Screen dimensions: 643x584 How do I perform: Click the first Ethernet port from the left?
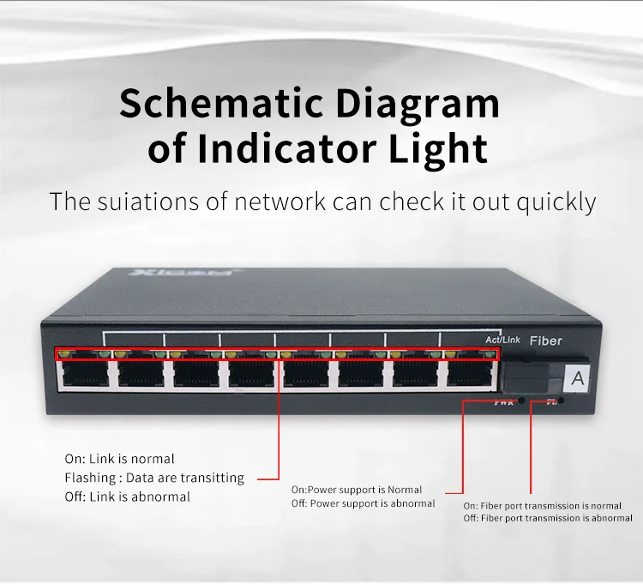87,373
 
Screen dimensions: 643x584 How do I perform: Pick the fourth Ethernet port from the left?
252,373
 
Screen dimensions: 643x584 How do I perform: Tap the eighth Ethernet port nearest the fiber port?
472,373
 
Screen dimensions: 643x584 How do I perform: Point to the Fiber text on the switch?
546,340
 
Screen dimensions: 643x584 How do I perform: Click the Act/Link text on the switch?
502,340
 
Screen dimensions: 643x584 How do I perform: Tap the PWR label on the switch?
503,403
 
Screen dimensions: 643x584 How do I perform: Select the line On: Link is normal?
119,459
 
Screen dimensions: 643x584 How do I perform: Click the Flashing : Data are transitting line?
154,478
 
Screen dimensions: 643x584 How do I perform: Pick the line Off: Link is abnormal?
127,497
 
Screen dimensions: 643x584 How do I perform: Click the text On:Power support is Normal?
357,490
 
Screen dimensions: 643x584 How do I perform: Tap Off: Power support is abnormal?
363,503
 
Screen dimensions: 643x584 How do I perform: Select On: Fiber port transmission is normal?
543,506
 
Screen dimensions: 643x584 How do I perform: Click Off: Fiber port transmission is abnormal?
548,518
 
